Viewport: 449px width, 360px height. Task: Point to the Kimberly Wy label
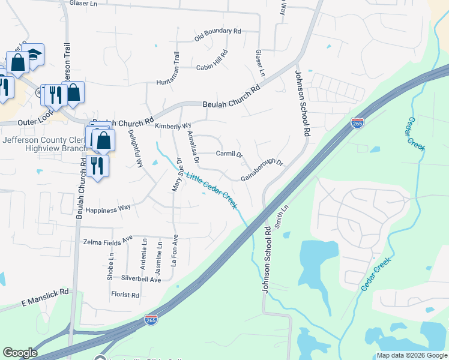(x=173, y=126)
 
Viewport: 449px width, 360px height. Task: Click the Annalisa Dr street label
(x=193, y=148)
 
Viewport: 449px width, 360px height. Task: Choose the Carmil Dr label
(x=229, y=154)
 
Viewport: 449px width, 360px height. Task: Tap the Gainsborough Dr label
(x=262, y=170)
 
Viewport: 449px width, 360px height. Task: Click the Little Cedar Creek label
(x=211, y=191)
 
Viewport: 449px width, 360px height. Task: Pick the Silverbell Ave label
(x=141, y=279)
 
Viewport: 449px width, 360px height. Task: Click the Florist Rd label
(x=125, y=295)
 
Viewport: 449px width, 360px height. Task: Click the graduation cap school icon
(x=34, y=54)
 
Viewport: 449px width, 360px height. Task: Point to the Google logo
(x=20, y=353)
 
